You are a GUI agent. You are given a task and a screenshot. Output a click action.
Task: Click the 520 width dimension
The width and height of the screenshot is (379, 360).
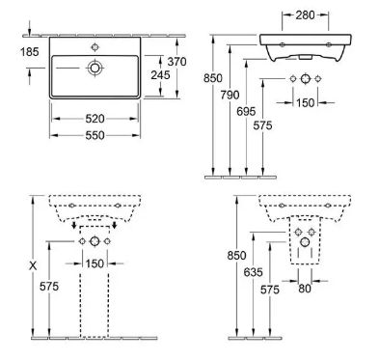(95, 119)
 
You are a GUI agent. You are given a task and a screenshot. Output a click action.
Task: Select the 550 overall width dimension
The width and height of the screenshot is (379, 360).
(95, 135)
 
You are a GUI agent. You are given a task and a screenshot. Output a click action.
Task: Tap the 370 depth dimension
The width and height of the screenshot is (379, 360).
(176, 61)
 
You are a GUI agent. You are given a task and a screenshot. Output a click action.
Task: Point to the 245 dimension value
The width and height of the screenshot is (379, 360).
(160, 75)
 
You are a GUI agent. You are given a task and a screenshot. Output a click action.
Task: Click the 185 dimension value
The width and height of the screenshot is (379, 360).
(30, 52)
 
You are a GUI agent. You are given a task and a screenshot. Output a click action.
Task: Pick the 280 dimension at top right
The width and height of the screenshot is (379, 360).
(305, 14)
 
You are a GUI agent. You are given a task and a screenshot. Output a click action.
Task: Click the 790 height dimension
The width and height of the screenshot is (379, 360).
(230, 95)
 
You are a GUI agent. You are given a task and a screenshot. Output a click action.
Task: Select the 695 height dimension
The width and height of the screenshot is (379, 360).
(246, 111)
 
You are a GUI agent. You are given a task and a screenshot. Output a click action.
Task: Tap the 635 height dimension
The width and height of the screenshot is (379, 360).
(254, 272)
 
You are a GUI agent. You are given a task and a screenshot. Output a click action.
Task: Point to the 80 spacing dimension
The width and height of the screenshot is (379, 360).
(305, 289)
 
